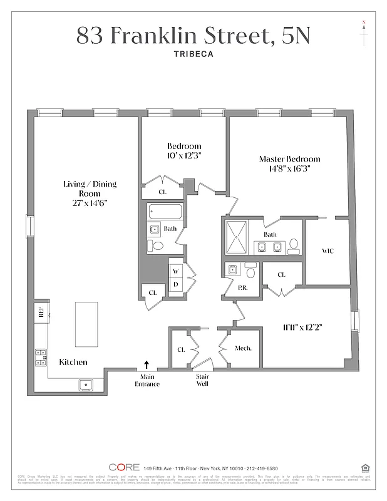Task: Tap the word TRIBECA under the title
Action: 193,54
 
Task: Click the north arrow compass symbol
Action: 364,31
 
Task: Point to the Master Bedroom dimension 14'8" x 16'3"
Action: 289,168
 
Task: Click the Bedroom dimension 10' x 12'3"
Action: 183,155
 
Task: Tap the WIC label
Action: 327,251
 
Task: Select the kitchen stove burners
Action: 41,357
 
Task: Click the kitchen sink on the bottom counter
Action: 86,385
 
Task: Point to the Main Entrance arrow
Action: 147,364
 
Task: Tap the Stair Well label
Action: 202,380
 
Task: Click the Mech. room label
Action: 243,348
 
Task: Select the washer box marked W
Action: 176,271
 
